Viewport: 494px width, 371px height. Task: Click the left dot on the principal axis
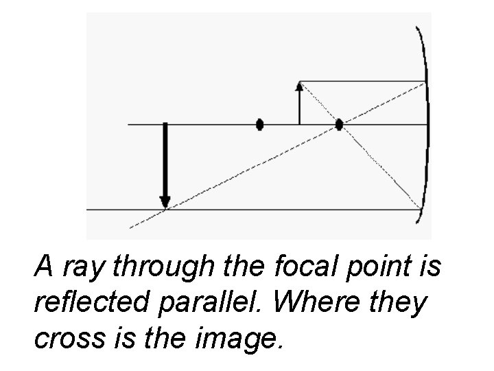[x=259, y=124]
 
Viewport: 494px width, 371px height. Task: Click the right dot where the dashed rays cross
[x=339, y=124]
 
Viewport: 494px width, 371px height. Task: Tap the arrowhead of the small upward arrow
[x=298, y=87]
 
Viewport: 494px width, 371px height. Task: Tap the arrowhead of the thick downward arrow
[x=165, y=201]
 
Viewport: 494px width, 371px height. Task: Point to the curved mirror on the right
[x=427, y=124]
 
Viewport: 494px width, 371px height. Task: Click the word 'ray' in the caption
[x=81, y=267]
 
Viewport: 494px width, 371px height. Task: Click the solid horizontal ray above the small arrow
[x=362, y=81]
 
